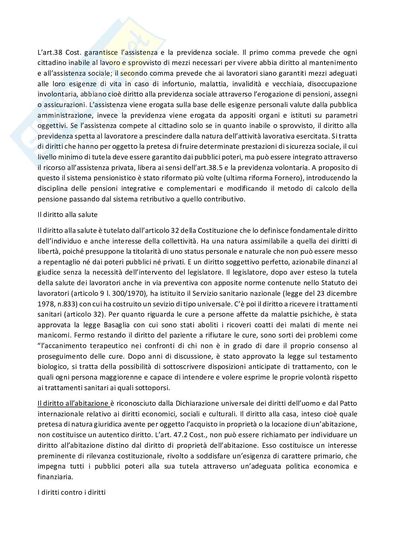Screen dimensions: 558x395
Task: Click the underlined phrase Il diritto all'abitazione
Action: [x=73, y=403]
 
